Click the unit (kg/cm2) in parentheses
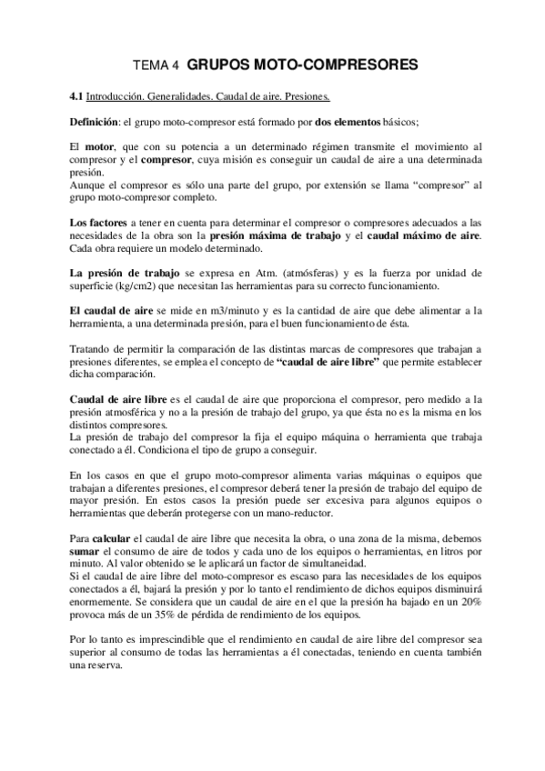point(131,285)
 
